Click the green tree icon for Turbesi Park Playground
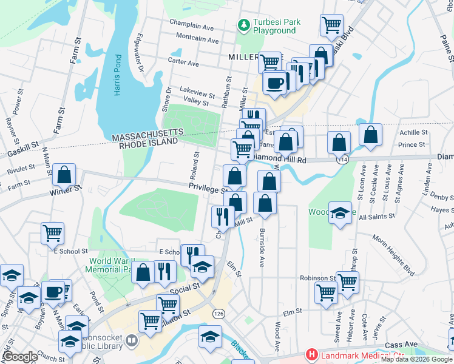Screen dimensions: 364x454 pos(243,25)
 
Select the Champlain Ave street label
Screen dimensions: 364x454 pos(192,28)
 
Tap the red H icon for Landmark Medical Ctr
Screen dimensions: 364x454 pos(312,354)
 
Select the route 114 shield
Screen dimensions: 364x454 pos(344,159)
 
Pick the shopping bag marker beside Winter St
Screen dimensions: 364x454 pos(64,175)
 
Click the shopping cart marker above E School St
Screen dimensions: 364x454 pos(53,232)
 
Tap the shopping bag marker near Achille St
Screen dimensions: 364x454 pos(370,136)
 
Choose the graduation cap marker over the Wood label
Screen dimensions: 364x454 pos(341,213)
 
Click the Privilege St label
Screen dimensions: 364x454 pos(206,189)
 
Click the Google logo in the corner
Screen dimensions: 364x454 pos(20,357)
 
